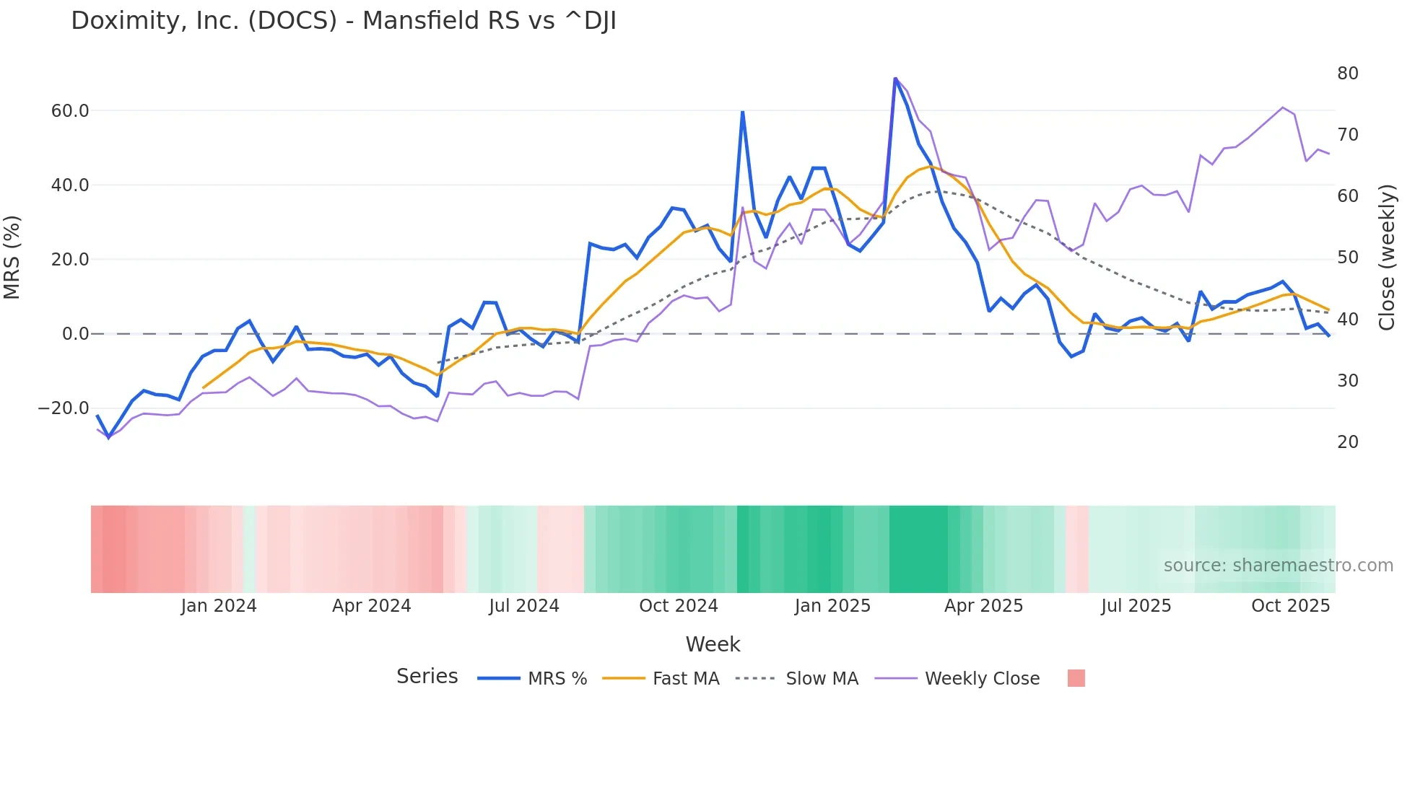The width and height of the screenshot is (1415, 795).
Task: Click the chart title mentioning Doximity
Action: coord(344,21)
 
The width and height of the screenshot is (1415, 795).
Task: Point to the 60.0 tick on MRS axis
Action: coord(70,111)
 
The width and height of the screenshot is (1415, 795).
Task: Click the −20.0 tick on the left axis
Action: coord(64,408)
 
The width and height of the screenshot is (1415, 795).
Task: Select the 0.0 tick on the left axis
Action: coord(75,334)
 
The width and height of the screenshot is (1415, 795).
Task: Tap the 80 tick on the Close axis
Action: coord(1347,74)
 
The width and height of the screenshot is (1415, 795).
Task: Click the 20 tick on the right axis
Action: coord(1347,442)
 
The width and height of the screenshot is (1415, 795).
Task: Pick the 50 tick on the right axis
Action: coord(1347,258)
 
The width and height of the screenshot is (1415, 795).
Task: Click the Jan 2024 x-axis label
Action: coord(219,606)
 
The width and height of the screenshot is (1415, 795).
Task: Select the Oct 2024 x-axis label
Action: coord(678,606)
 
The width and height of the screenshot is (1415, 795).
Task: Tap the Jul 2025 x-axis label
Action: coord(1136,606)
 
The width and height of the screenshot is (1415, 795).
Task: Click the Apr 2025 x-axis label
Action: coord(983,606)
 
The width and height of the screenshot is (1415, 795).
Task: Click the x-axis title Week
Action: coord(713,644)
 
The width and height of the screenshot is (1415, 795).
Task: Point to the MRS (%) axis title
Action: coord(12,258)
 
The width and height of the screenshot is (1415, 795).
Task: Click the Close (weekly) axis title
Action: coord(1387,258)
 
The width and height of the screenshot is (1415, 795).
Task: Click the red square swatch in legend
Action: coord(1076,678)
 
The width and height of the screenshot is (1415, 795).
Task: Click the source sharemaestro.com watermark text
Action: coord(1278,566)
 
